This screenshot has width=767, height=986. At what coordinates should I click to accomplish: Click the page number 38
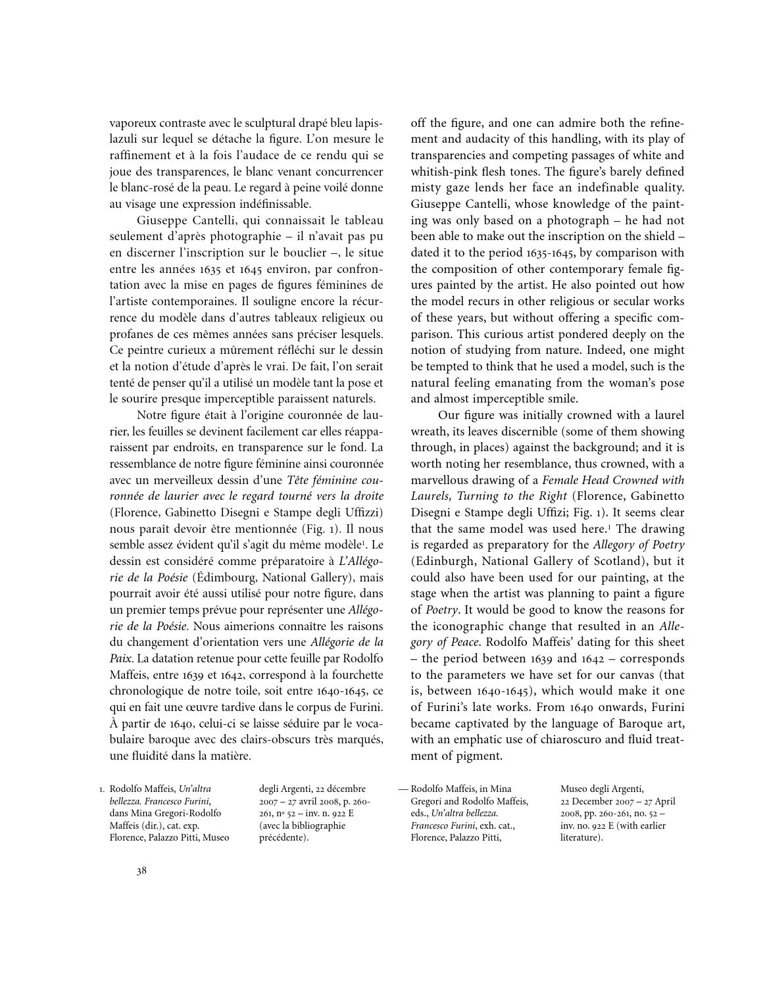click(141, 872)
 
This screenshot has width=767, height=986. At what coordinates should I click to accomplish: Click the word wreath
click(429, 431)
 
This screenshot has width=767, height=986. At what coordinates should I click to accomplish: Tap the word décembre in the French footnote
click(343, 789)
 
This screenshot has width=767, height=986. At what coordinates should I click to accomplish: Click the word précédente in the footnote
click(283, 838)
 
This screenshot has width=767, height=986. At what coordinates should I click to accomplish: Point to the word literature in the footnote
click(580, 838)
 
